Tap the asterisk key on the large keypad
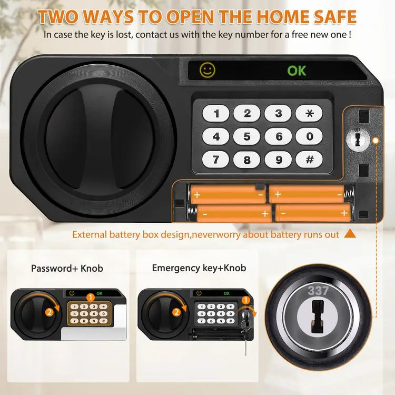coord(309,113)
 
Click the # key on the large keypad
coord(309,160)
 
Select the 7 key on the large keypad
coord(215,160)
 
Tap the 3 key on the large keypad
coord(278,113)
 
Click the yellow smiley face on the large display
coord(208,70)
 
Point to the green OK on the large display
coord(297,71)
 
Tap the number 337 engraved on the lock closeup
coord(318,291)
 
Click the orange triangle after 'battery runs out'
coord(350,234)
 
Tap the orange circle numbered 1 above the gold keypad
coord(90,298)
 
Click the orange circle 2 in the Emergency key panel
coord(176,312)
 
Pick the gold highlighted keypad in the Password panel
coord(90,314)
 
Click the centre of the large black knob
coord(100,140)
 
